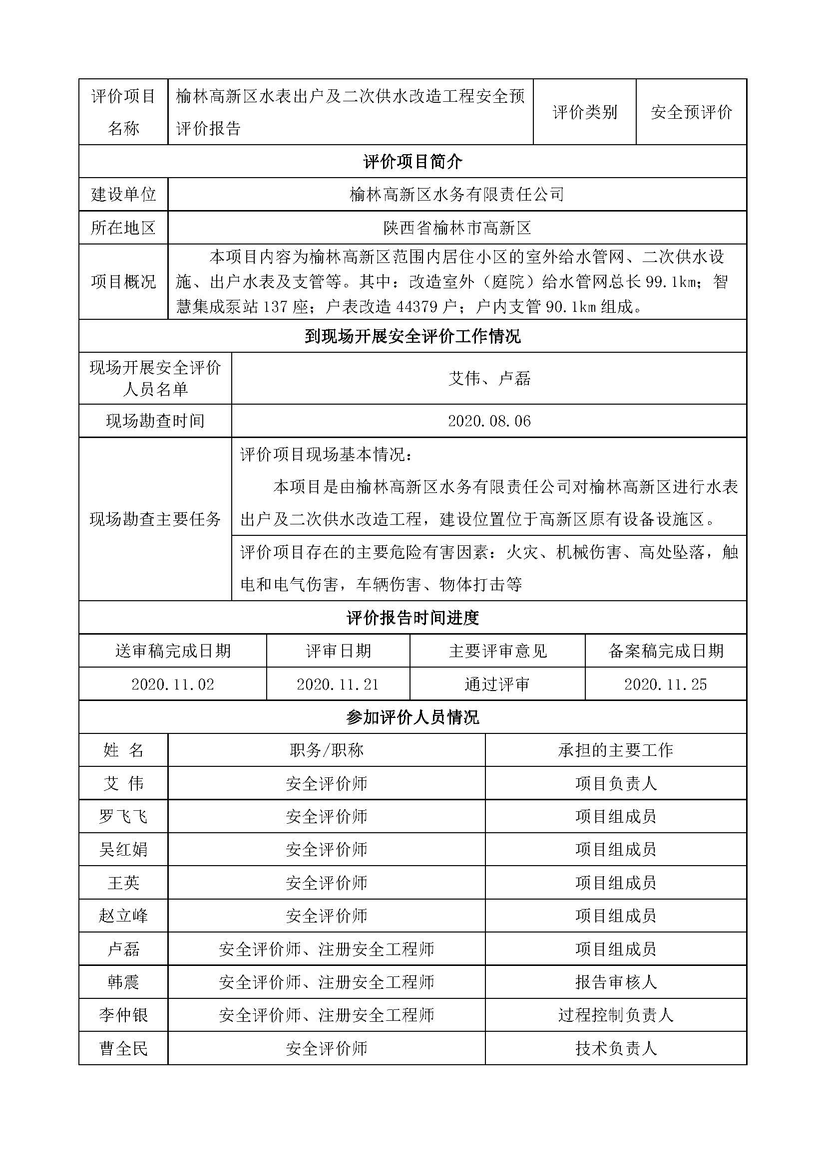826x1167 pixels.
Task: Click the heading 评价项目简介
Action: click(413, 162)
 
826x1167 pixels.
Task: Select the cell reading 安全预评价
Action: click(691, 112)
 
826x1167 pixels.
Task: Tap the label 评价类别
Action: click(585, 112)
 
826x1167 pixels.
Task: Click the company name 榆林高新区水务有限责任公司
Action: click(457, 194)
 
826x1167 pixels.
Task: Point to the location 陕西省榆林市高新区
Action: click(457, 228)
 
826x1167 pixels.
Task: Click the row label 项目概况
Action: click(123, 281)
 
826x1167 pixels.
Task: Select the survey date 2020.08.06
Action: click(489, 421)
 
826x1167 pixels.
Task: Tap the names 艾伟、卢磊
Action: click(489, 378)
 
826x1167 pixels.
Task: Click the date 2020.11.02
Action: click(172, 684)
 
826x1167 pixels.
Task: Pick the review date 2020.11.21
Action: click(338, 684)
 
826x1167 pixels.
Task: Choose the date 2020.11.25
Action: click(665, 684)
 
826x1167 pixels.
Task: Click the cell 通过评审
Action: click(497, 684)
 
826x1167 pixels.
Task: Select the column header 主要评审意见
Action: click(497, 651)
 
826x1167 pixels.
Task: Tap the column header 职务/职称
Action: click(326, 750)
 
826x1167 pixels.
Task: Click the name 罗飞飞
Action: click(123, 816)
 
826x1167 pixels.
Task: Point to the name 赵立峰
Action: click(123, 916)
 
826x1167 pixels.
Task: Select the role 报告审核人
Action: click(615, 981)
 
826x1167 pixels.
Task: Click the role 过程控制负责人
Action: click(615, 1015)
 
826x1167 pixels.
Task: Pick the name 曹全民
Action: click(123, 1048)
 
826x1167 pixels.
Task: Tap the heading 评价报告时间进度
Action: click(413, 618)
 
